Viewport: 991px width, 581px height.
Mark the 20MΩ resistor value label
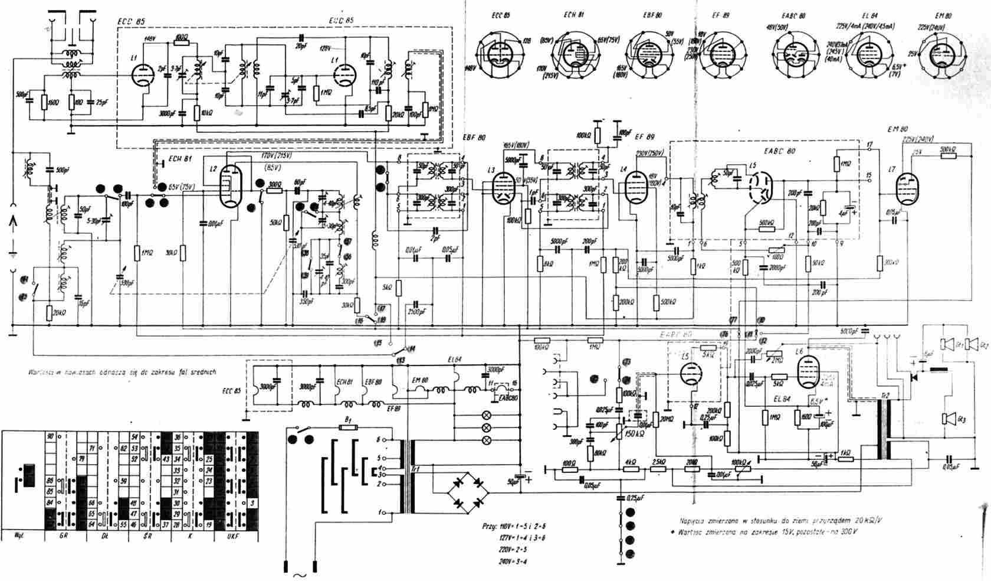point(668,420)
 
